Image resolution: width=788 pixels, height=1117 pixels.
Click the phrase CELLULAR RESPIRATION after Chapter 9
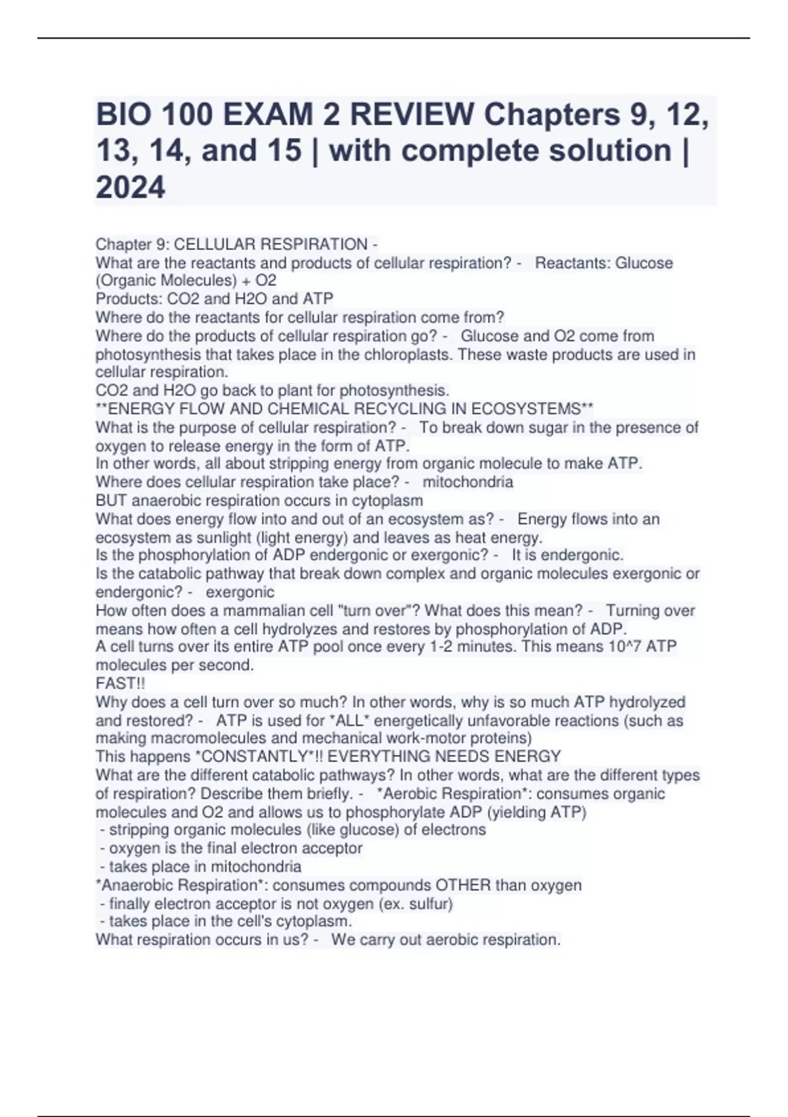click(x=271, y=244)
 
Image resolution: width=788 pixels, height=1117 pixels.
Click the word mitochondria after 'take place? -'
click(x=468, y=482)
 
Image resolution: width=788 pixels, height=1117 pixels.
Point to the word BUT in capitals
click(x=111, y=500)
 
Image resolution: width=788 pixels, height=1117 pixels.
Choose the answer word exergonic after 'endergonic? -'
click(x=240, y=592)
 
